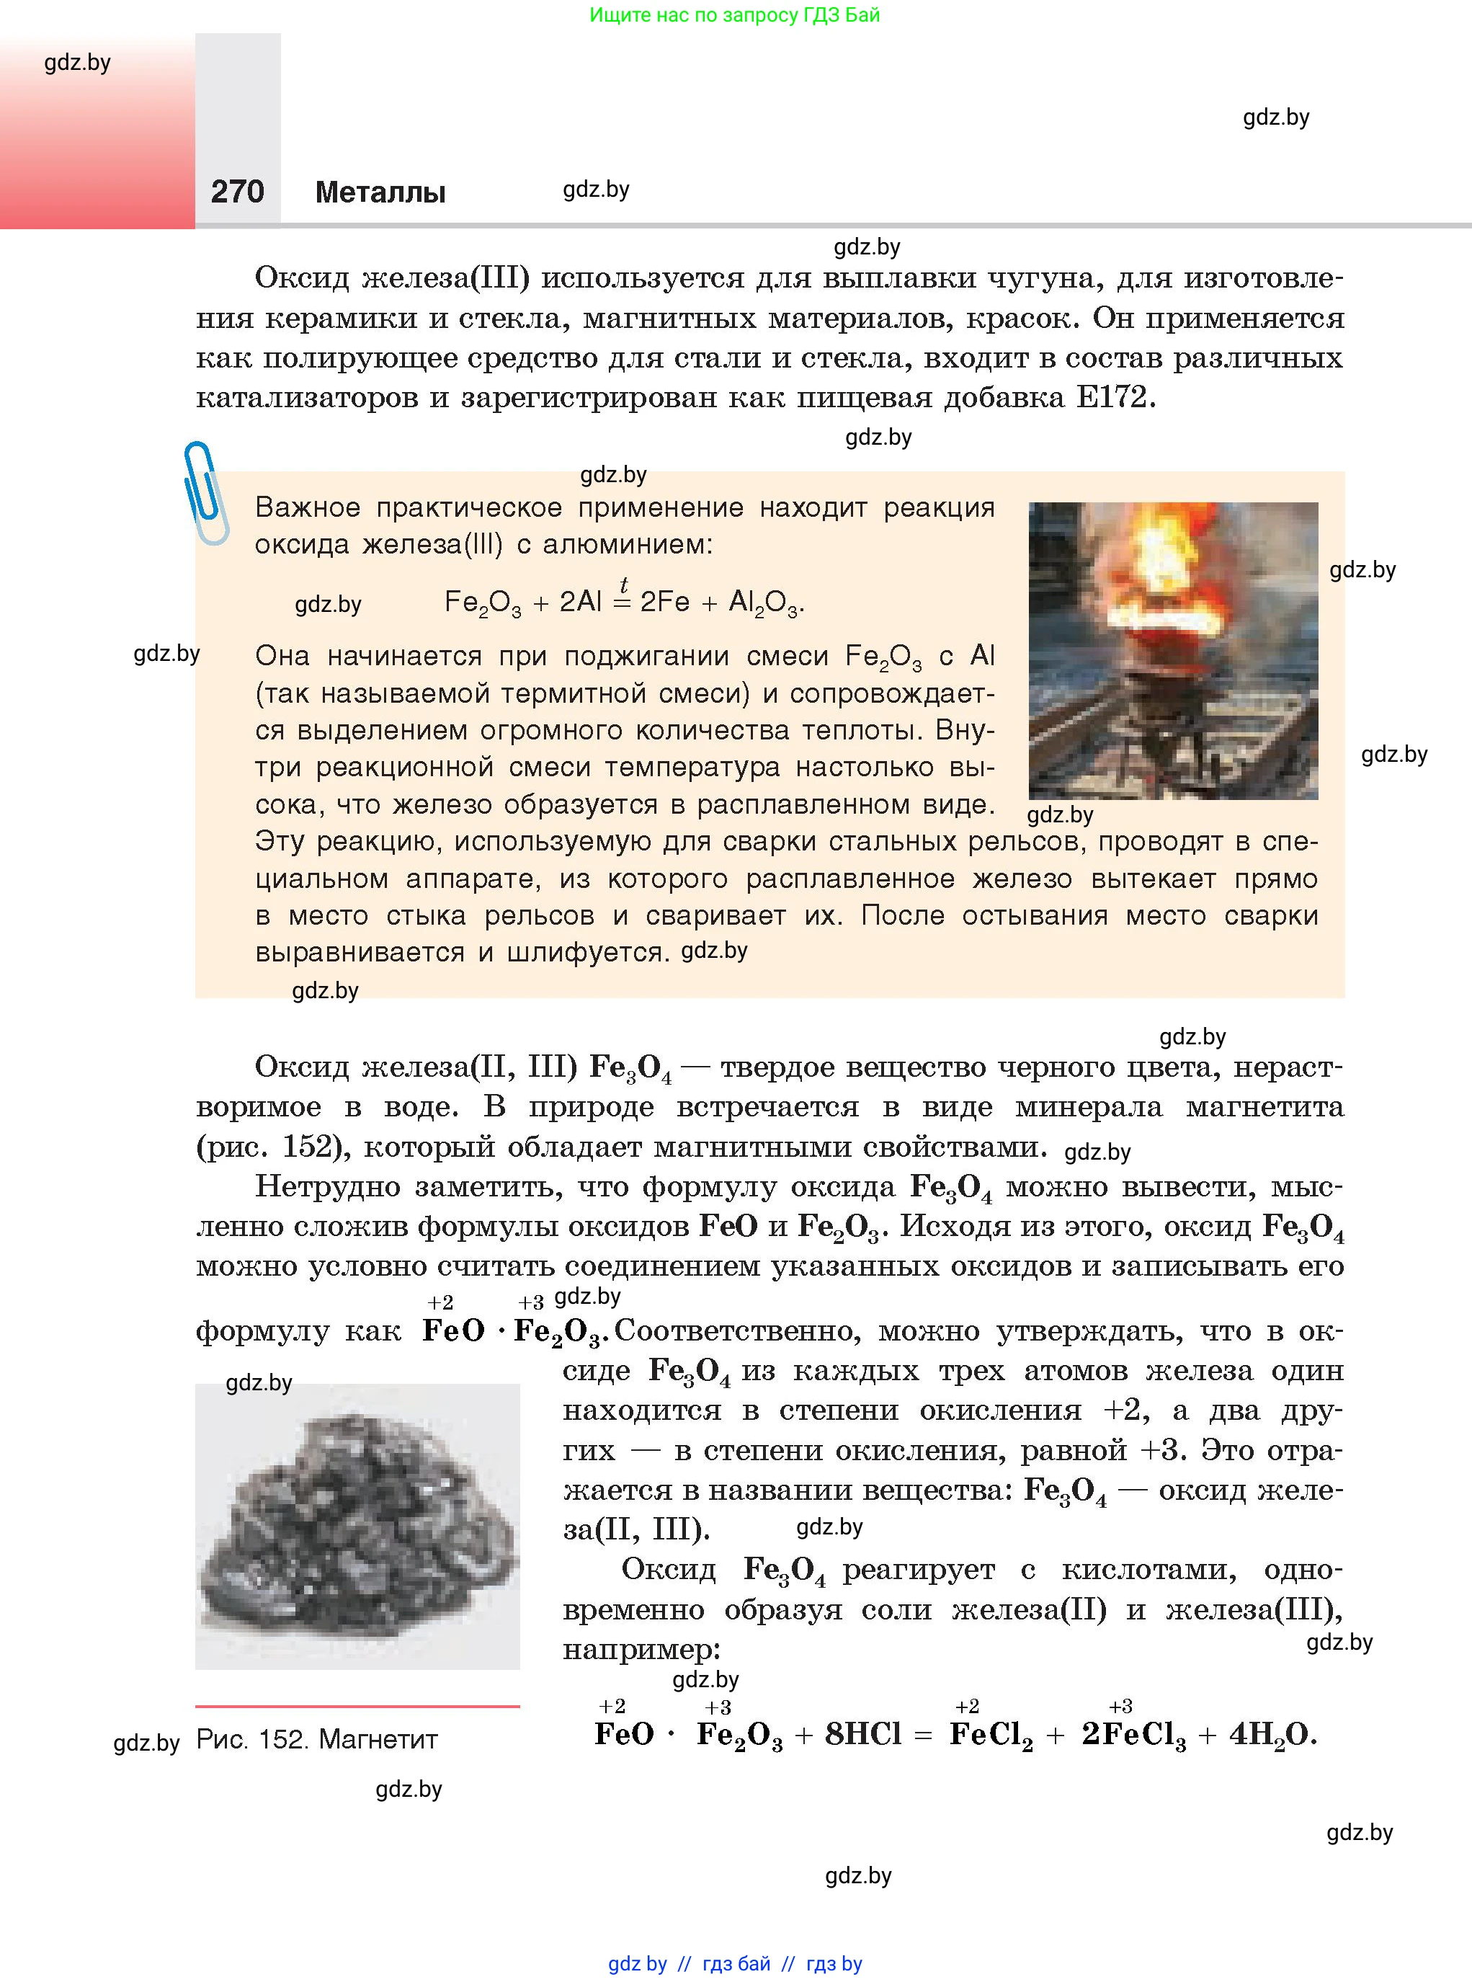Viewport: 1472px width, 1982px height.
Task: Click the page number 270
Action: click(x=237, y=192)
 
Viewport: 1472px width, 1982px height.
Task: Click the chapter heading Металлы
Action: click(x=380, y=192)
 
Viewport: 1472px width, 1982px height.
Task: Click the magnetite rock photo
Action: click(x=357, y=1527)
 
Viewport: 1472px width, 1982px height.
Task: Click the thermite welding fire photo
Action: click(x=1172, y=651)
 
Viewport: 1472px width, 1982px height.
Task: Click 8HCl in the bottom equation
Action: click(x=862, y=1733)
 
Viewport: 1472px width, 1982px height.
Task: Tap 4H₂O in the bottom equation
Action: click(x=1272, y=1734)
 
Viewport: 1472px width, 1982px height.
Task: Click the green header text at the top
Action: click(x=734, y=15)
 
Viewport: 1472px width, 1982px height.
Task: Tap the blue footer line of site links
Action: click(x=735, y=1963)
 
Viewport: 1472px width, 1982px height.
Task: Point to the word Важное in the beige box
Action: click(x=308, y=508)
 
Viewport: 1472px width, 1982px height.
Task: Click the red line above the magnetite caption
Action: click(x=357, y=1706)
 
